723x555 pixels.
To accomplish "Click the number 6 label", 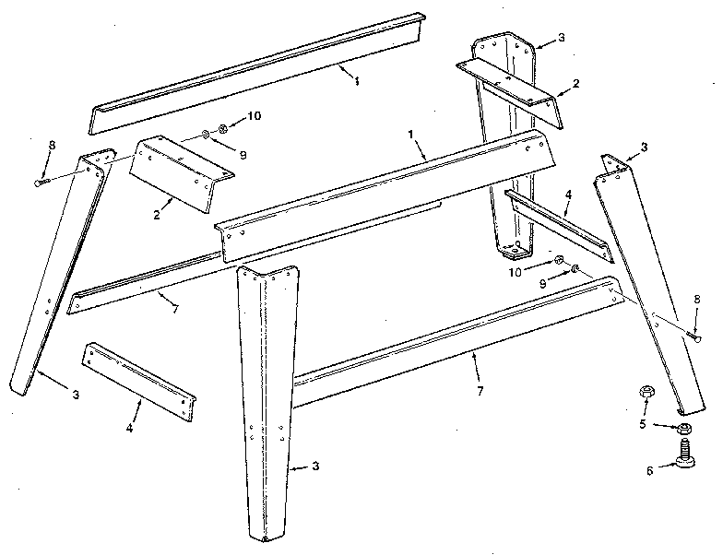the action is coord(649,470).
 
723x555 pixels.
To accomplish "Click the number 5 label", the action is coord(643,424).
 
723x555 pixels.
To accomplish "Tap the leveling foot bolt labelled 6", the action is coord(686,454).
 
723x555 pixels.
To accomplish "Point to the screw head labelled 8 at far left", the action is coord(39,183).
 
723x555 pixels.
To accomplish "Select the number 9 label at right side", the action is coord(543,284).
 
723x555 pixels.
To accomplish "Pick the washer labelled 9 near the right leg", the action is coord(575,269).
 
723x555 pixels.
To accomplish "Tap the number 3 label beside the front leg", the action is coord(315,466).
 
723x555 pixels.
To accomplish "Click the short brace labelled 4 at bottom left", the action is coord(138,382).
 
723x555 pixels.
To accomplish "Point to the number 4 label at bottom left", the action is coord(129,428).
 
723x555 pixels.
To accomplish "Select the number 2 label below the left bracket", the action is coord(157,215).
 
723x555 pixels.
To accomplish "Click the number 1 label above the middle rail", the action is coord(410,135).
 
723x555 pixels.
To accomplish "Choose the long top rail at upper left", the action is coord(256,74).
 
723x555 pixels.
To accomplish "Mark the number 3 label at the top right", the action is coord(561,38).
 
